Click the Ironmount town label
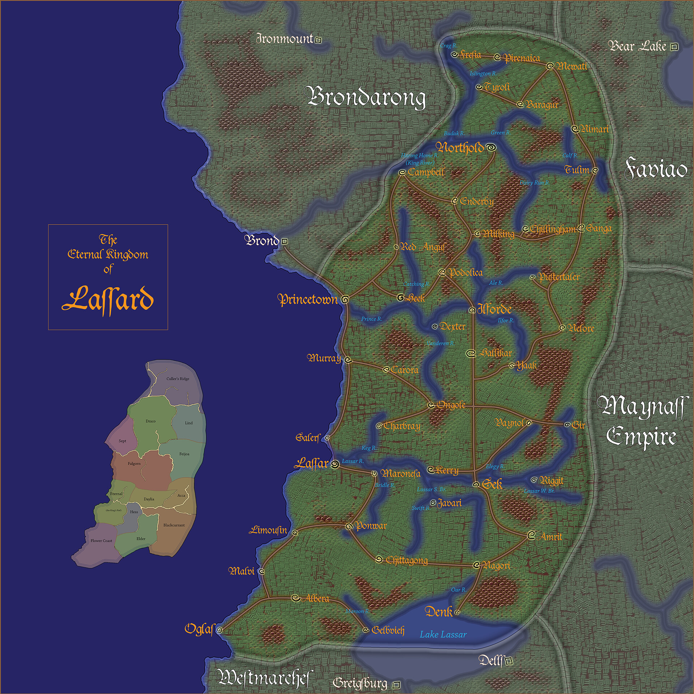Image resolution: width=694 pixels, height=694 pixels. click(x=284, y=39)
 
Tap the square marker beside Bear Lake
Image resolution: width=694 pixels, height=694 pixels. click(x=673, y=47)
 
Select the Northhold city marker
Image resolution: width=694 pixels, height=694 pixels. click(x=491, y=147)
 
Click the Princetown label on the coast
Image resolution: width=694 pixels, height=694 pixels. click(x=307, y=299)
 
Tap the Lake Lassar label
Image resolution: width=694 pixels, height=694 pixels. click(x=443, y=634)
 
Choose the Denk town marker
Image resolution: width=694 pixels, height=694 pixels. click(x=457, y=612)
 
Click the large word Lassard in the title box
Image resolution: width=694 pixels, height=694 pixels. click(x=108, y=299)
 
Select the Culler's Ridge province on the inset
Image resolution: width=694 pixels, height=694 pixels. click(x=177, y=379)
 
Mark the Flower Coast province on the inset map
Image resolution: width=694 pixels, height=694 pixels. click(x=101, y=541)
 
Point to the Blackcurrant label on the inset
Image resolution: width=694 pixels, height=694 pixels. click(x=174, y=525)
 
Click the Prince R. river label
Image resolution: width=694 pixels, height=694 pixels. click(x=371, y=319)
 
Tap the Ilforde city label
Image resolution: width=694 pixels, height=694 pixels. click(x=494, y=309)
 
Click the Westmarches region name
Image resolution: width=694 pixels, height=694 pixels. click(x=264, y=677)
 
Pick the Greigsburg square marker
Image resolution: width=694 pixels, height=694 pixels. click(x=396, y=685)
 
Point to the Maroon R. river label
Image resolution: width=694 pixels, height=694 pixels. click(x=357, y=611)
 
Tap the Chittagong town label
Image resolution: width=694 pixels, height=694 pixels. click(x=407, y=560)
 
